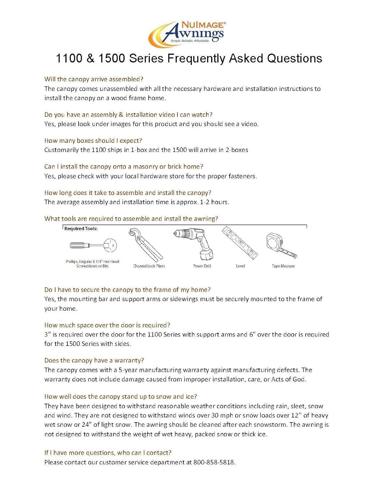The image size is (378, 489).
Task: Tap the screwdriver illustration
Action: (93, 245)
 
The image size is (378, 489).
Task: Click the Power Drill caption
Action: (202, 266)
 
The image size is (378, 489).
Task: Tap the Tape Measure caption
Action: (283, 266)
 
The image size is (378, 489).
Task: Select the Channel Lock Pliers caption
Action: (149, 266)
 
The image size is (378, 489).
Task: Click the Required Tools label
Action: (81, 229)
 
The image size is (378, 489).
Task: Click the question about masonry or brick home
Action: (124, 167)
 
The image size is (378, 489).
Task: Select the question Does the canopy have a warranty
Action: (94, 361)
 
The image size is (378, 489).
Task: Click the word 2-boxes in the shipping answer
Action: (237, 150)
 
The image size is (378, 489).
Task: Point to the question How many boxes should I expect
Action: (93, 141)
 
